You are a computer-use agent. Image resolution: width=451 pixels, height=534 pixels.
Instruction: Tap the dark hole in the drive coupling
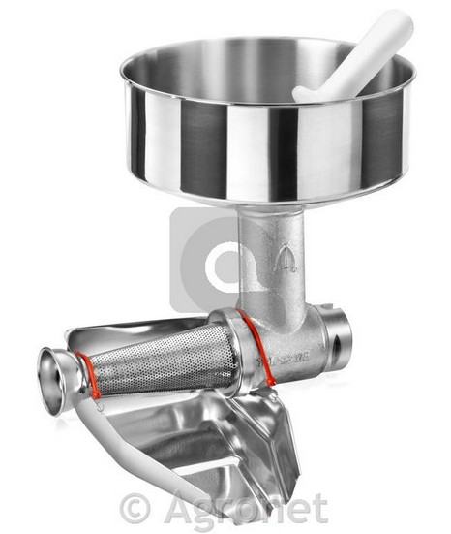(337, 348)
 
